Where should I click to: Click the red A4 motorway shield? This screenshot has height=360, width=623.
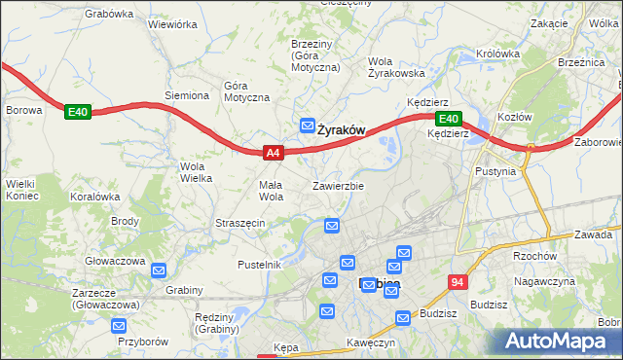click(274, 153)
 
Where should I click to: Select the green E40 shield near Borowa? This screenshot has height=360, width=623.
click(78, 113)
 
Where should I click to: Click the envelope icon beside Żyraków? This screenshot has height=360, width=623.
click(308, 126)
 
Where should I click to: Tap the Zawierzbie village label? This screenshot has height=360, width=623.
click(338, 185)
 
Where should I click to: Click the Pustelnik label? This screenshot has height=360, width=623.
click(260, 265)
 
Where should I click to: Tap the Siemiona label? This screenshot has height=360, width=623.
click(187, 95)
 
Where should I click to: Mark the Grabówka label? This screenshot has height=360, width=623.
click(108, 14)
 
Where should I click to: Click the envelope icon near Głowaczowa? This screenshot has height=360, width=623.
click(160, 270)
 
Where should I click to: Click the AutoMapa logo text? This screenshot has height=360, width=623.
click(559, 341)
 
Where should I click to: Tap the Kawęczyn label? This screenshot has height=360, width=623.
click(371, 342)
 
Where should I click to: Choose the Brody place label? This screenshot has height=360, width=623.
click(125, 221)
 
